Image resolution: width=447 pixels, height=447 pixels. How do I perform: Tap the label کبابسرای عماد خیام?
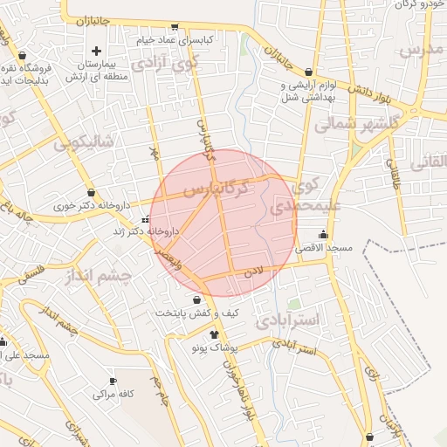coord(173,39)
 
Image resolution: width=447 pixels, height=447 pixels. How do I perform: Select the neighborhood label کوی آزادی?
coord(164,64)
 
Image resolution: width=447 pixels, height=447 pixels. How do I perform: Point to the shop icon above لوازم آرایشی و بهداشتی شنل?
coord(309,72)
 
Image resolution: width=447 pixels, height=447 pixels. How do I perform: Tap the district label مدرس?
coord(422,51)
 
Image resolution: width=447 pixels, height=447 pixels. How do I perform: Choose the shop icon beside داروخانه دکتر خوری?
coord(92,193)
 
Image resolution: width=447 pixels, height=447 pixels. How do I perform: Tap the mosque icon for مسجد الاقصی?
coord(325,234)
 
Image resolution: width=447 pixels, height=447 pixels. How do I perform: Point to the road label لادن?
coord(253,273)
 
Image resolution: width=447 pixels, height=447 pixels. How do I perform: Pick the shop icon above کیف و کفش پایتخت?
coord(208,299)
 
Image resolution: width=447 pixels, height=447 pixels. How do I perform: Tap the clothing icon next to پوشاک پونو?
coord(214,334)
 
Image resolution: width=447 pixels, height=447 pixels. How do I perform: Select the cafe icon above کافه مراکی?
coord(113,381)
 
